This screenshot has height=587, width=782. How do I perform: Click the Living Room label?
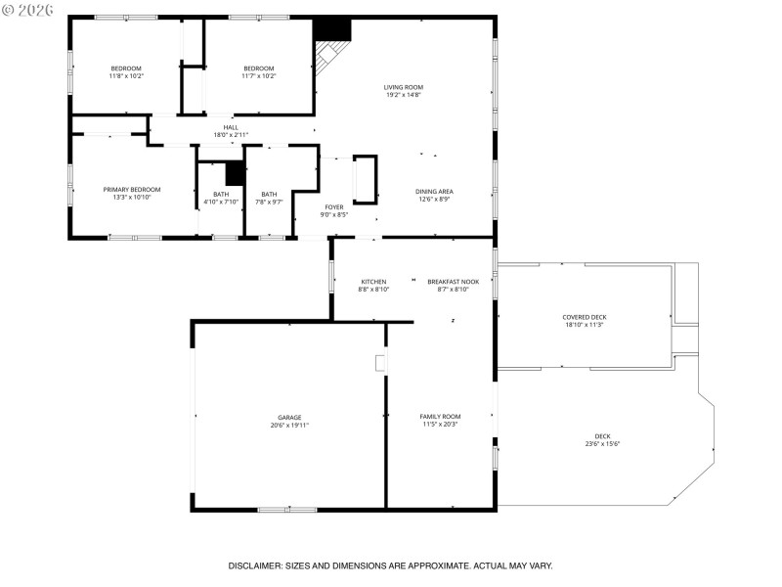pyautogui.click(x=403, y=87)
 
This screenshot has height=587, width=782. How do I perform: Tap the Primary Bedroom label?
pyautogui.click(x=132, y=189)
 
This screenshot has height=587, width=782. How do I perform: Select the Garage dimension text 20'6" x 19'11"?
pyautogui.click(x=289, y=426)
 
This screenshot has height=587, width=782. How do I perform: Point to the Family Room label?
pyautogui.click(x=441, y=416)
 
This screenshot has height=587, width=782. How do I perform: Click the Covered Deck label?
pyautogui.click(x=584, y=317)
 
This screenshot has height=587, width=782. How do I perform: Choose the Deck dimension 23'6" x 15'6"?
pyautogui.click(x=602, y=444)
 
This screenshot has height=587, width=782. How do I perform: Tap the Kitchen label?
pyautogui.click(x=373, y=282)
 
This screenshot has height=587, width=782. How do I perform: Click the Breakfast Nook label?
pyautogui.click(x=448, y=282)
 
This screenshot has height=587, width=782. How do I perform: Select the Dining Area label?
pyautogui.click(x=434, y=191)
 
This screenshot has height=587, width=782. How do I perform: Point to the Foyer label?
pyautogui.click(x=334, y=206)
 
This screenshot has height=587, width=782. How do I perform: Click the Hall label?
pyautogui.click(x=231, y=126)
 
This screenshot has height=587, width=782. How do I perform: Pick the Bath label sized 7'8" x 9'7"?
pyautogui.click(x=268, y=194)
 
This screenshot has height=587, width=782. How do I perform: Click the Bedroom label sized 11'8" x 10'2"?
pyautogui.click(x=126, y=68)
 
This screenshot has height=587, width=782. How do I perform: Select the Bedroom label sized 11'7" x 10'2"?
pyautogui.click(x=258, y=68)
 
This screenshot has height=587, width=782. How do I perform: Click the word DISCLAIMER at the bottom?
pyautogui.click(x=255, y=565)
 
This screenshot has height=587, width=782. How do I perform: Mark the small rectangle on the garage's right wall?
pyautogui.click(x=380, y=363)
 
